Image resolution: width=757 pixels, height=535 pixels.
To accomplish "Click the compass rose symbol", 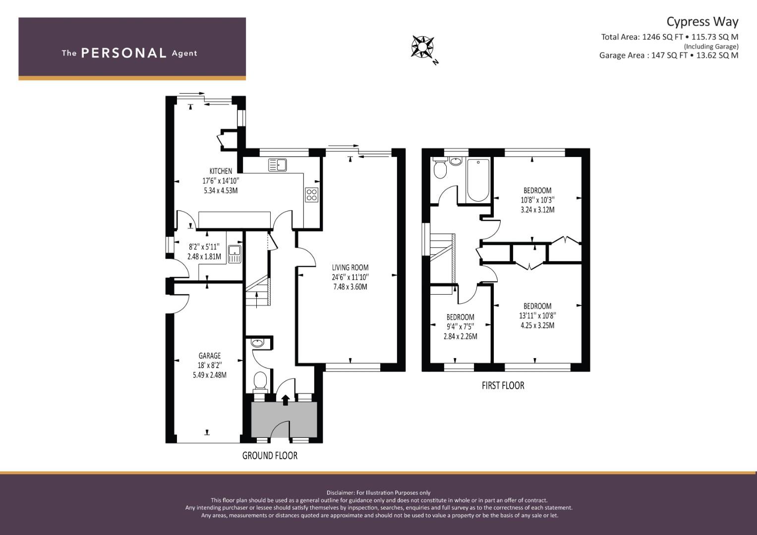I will pos(422,47).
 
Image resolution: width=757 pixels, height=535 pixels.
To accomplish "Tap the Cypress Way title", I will pos(702,21).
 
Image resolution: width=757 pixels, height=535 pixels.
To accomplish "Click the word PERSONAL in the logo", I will pos(123,53).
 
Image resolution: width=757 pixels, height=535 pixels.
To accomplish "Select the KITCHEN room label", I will pos(221,171).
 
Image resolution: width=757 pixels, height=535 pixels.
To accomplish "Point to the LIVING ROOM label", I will pos(350,267).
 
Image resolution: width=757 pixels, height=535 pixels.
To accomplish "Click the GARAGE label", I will pos(209,356).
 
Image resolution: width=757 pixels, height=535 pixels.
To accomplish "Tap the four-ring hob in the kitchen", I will pos(311,195).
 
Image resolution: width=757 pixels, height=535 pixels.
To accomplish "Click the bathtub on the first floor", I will pos(478,180).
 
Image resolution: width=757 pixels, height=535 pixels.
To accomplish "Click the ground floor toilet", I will pos(260,381).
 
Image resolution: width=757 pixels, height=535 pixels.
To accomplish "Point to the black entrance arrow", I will pos(286,399).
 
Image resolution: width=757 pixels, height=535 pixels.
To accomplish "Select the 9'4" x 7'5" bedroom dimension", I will pos(460,327).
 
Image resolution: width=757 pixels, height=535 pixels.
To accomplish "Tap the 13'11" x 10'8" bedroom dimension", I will pos(537,316).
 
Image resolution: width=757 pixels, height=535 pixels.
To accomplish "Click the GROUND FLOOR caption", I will pos(270,456).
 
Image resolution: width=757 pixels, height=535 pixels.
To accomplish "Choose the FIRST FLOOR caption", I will pos(503,385).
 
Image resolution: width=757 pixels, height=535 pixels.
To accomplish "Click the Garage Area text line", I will pos(668,55).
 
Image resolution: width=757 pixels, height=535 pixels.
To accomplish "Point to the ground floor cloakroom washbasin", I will pos(257,343).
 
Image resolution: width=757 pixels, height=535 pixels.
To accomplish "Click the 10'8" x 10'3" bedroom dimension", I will pos(537,200).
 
